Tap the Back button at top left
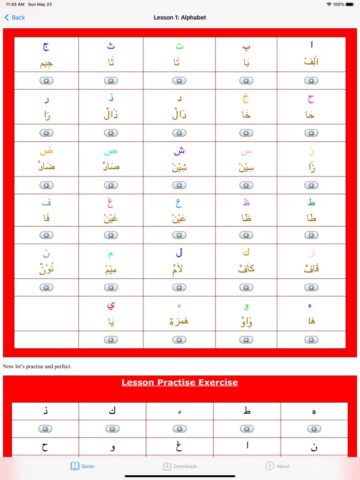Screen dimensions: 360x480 16,17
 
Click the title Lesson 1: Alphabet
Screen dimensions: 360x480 180,17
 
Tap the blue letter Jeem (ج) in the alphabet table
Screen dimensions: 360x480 46,47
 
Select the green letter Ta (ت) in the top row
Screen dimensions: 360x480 180,47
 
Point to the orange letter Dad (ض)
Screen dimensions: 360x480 46,151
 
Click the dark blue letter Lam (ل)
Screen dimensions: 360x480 180,254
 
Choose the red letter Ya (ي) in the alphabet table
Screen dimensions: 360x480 113,305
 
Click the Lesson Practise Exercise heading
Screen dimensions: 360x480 180,382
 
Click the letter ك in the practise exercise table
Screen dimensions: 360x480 113,410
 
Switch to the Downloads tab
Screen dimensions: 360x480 180,465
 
